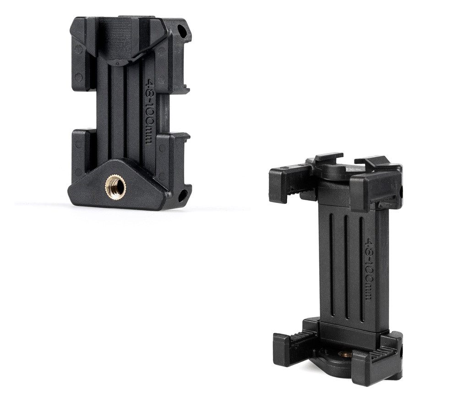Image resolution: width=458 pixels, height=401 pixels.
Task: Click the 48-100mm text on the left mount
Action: pos(150,111)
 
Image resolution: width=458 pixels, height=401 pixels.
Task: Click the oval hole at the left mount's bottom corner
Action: pos(183,195)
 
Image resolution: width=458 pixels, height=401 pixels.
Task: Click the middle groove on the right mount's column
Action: pos(346,268)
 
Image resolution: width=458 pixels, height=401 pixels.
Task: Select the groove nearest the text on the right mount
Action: pos(361,269)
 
